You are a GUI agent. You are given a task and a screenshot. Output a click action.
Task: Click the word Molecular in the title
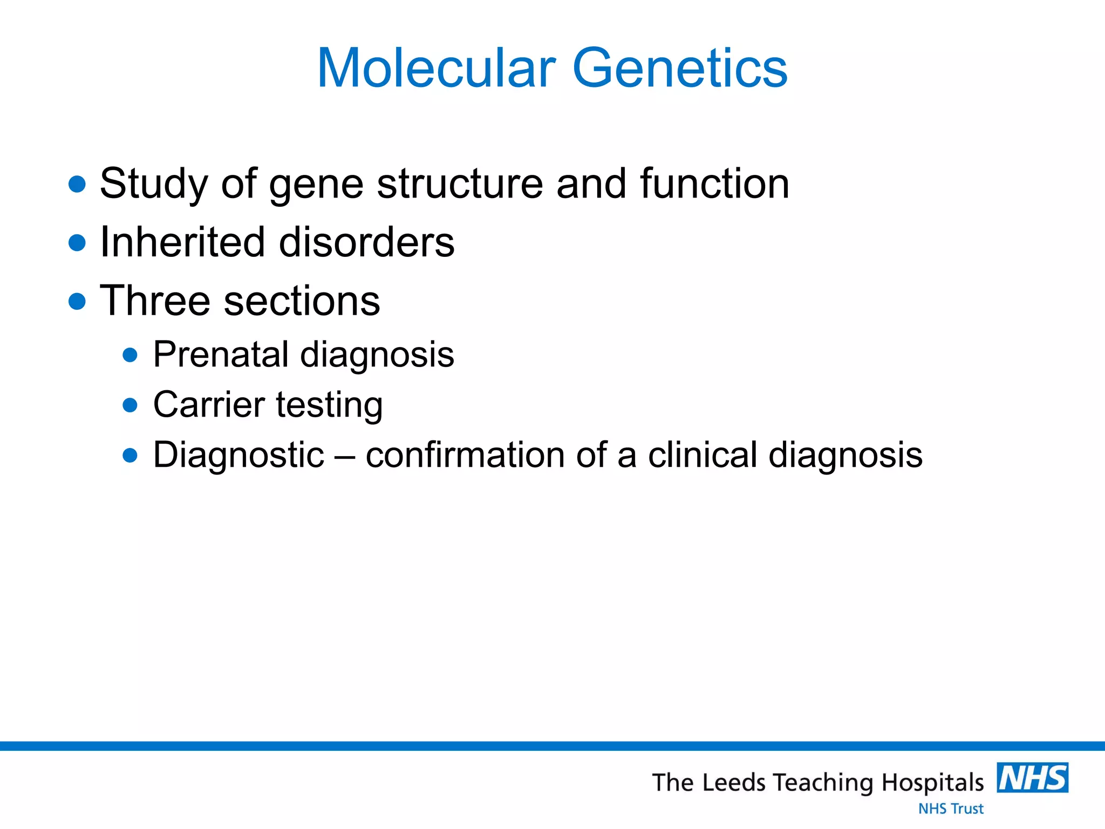click(x=436, y=69)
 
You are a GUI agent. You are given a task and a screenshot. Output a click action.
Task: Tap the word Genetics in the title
click(x=680, y=69)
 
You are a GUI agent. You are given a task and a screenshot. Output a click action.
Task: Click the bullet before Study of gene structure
click(x=78, y=184)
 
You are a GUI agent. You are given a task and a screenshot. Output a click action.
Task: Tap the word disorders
click(x=366, y=242)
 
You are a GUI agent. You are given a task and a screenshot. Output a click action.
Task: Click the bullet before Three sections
click(x=78, y=301)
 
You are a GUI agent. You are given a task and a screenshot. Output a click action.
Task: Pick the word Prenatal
click(x=221, y=355)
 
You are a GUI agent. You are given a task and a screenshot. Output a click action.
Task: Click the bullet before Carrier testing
click(x=130, y=405)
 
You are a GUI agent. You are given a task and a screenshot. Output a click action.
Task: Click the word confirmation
click(x=465, y=455)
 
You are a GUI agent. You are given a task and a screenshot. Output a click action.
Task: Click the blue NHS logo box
click(x=1032, y=778)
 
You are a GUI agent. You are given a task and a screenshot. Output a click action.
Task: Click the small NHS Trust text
click(x=951, y=809)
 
